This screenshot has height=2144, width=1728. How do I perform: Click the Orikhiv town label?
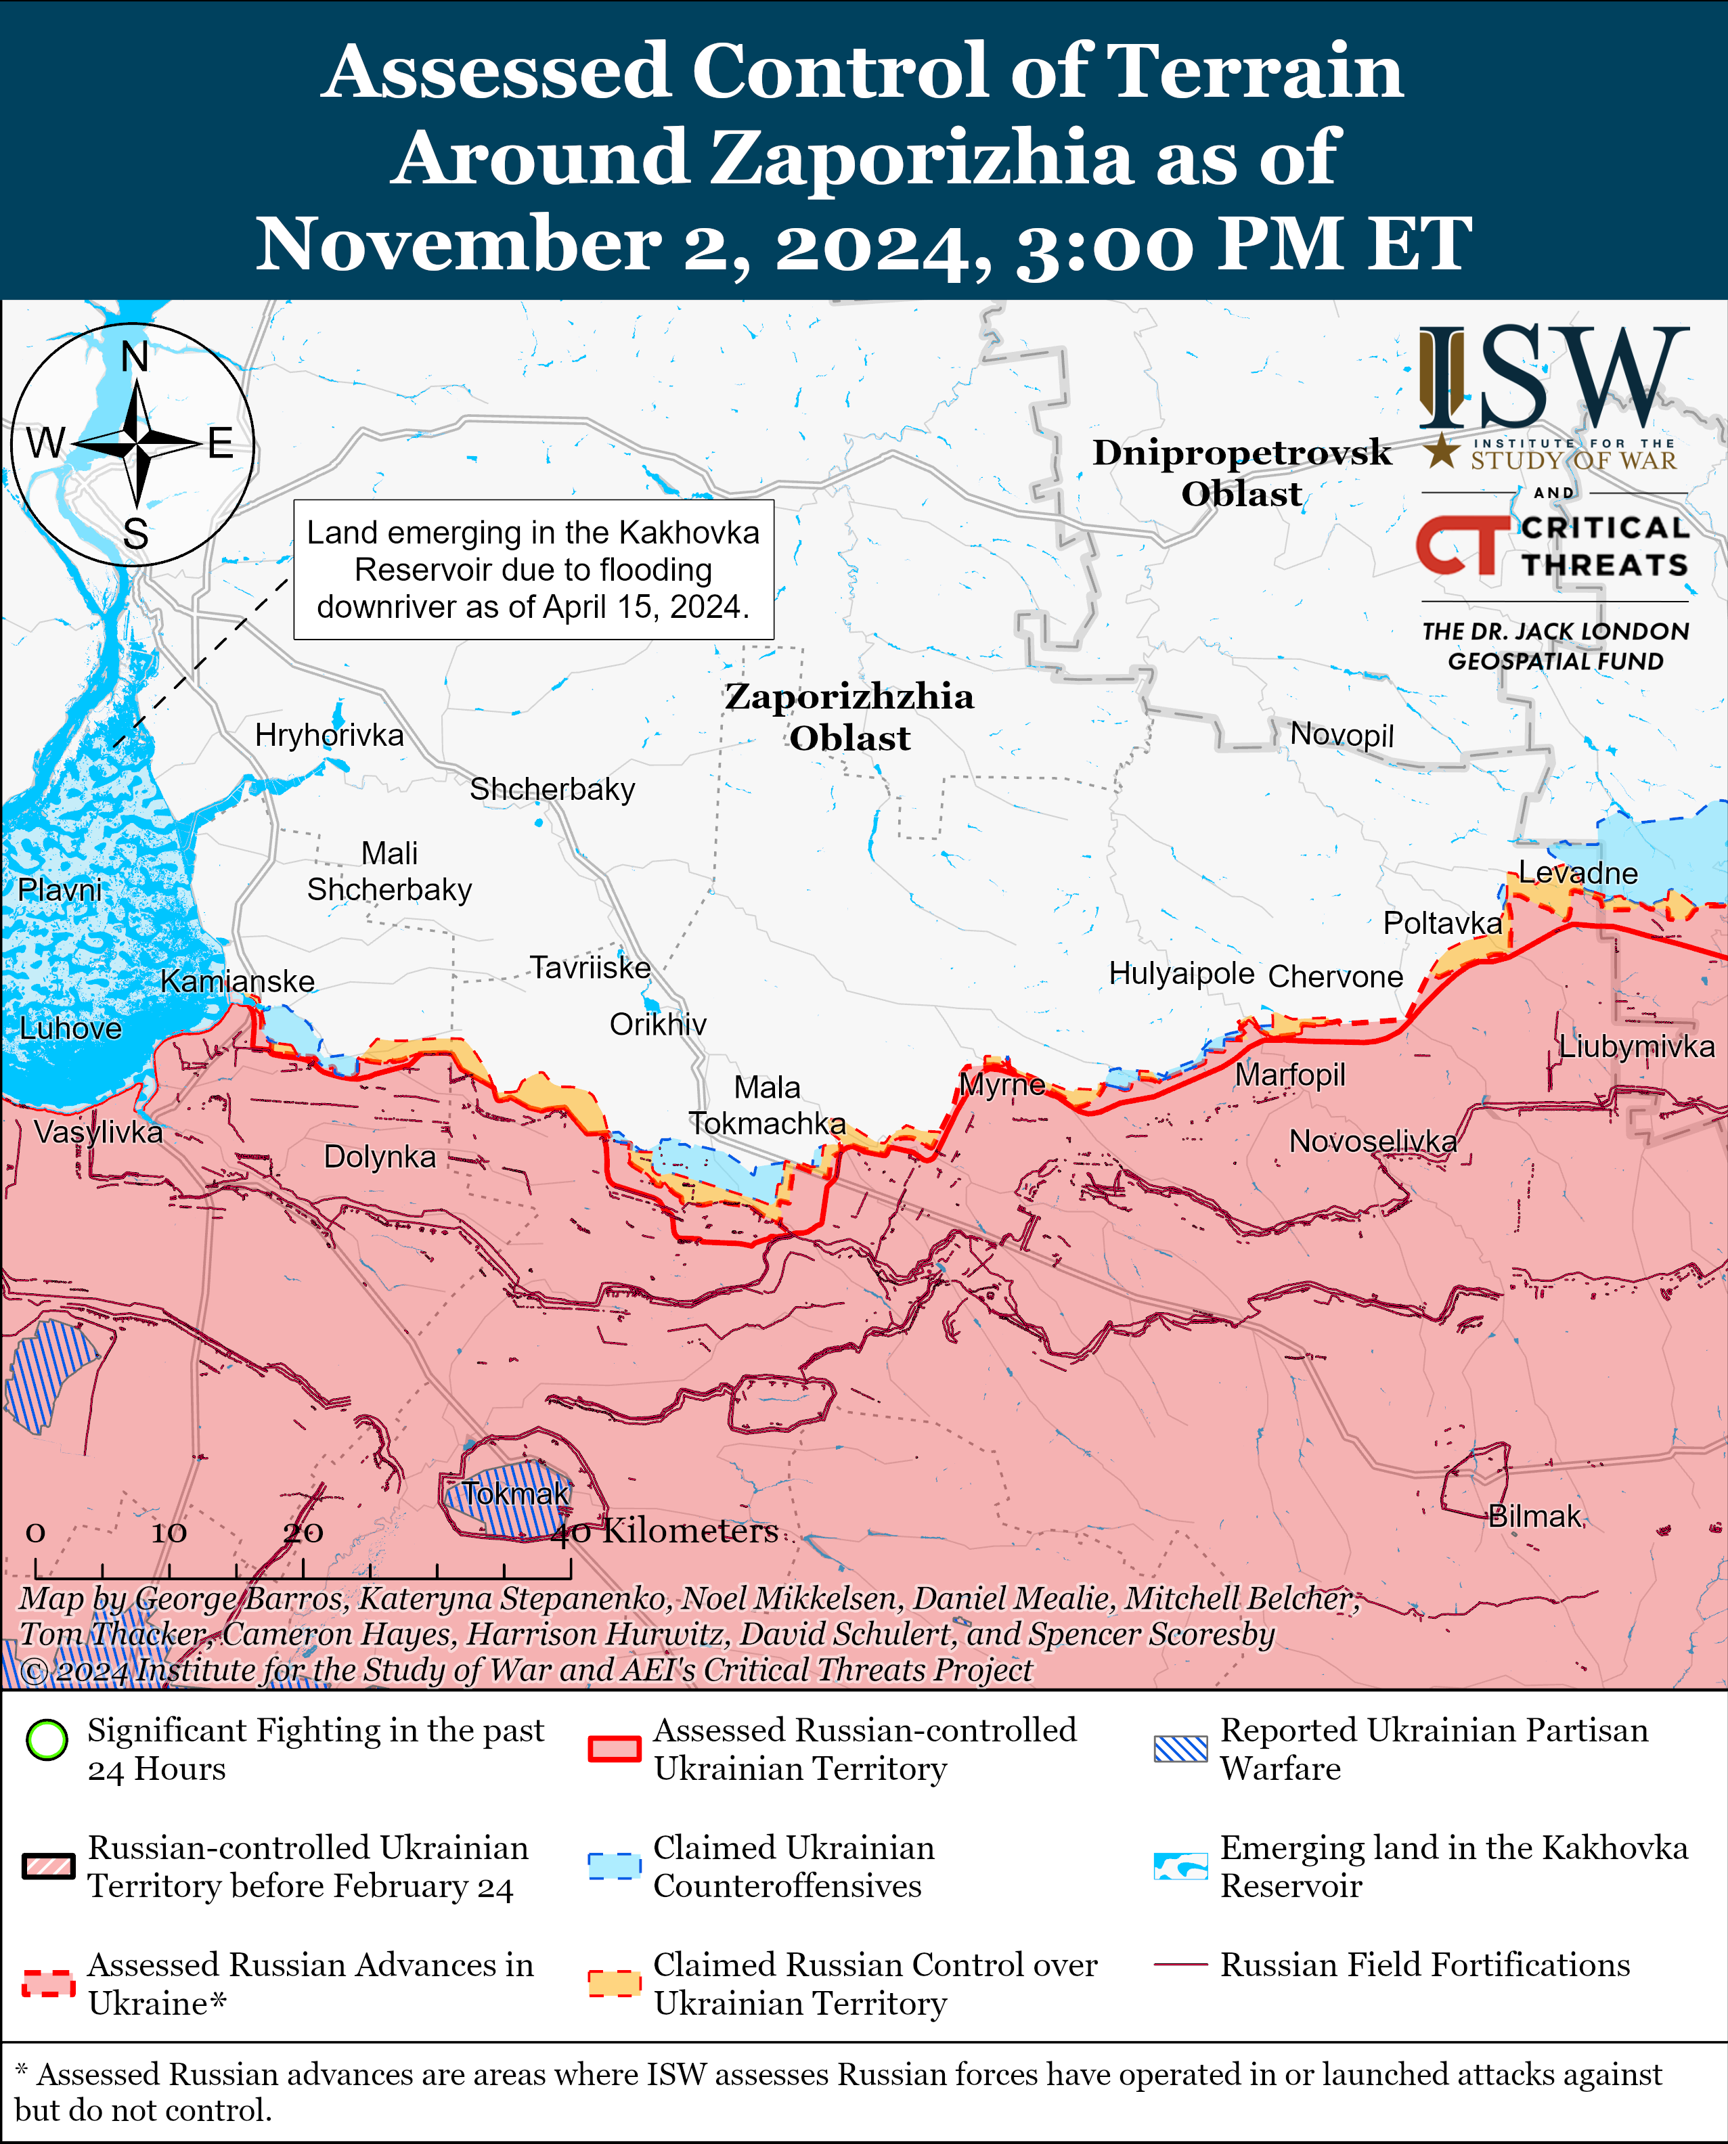point(658,1024)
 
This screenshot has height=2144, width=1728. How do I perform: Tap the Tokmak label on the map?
point(516,1493)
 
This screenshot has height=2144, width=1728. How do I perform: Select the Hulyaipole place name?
point(1182,973)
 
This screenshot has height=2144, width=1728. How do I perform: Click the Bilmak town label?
point(1534,1516)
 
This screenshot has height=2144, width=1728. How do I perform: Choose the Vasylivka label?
point(97,1132)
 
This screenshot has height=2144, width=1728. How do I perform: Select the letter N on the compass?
point(135,357)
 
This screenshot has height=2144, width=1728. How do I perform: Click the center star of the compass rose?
point(136,444)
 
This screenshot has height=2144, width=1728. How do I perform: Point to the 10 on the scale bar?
point(169,1533)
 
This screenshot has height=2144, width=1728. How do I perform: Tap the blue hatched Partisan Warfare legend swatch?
point(1180,1749)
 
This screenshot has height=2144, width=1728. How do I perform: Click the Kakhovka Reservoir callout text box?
point(533,569)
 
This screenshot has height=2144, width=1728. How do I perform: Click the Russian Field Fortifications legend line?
point(1180,1965)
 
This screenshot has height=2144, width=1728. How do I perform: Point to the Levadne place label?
point(1578,873)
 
